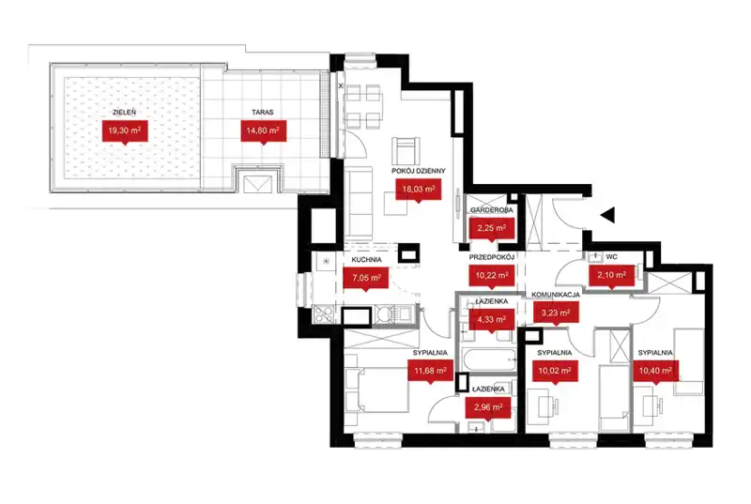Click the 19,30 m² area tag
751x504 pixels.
(125, 130)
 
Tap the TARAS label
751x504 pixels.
(263, 112)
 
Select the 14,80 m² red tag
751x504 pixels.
(263, 130)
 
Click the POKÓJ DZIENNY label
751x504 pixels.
(419, 171)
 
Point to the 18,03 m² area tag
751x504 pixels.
(418, 190)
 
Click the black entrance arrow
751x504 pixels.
(607, 215)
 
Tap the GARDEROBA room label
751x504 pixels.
(491, 210)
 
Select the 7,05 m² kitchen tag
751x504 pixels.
(366, 278)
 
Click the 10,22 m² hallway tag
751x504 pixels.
(491, 276)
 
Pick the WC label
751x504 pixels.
(612, 257)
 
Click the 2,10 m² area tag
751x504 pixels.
(612, 276)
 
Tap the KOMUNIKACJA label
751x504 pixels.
(556, 295)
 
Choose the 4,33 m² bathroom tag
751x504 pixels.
(491, 319)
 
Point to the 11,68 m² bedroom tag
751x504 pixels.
(430, 371)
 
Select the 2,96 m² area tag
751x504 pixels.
(488, 408)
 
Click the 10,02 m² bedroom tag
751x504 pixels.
(555, 371)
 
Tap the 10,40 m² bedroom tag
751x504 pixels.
(655, 371)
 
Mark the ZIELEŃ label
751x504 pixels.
(124, 112)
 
